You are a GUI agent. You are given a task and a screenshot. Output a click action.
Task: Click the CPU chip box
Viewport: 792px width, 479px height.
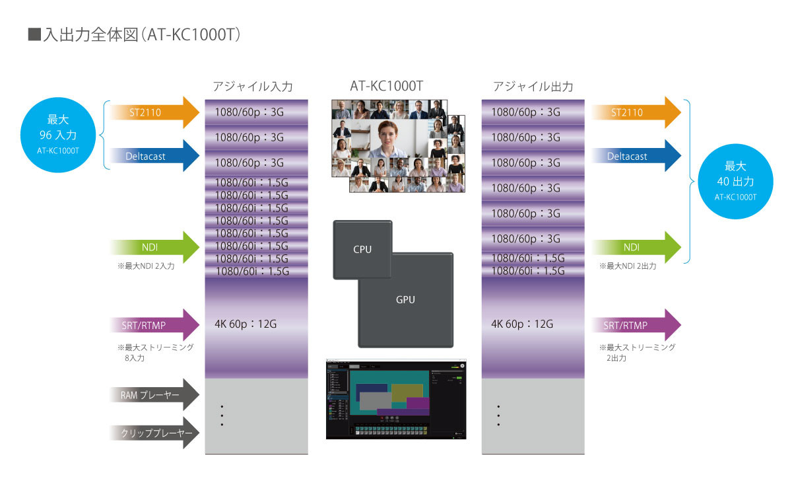point(363,249)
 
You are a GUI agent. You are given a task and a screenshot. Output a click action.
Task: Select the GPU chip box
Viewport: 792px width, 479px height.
point(405,299)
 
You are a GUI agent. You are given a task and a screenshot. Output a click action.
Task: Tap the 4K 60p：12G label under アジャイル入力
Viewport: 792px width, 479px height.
point(245,324)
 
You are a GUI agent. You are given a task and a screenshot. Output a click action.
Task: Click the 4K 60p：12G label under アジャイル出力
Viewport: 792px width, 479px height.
point(521,324)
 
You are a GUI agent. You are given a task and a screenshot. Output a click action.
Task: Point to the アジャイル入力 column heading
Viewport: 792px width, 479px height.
point(253,87)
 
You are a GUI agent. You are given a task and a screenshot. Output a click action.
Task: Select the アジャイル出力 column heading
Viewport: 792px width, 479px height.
point(533,87)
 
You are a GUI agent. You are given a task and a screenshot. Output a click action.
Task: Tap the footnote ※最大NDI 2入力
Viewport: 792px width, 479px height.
point(146,266)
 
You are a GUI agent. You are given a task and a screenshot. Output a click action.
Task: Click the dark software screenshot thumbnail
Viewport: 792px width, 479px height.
point(396,399)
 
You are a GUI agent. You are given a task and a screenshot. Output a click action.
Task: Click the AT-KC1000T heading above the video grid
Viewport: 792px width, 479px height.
point(386,87)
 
